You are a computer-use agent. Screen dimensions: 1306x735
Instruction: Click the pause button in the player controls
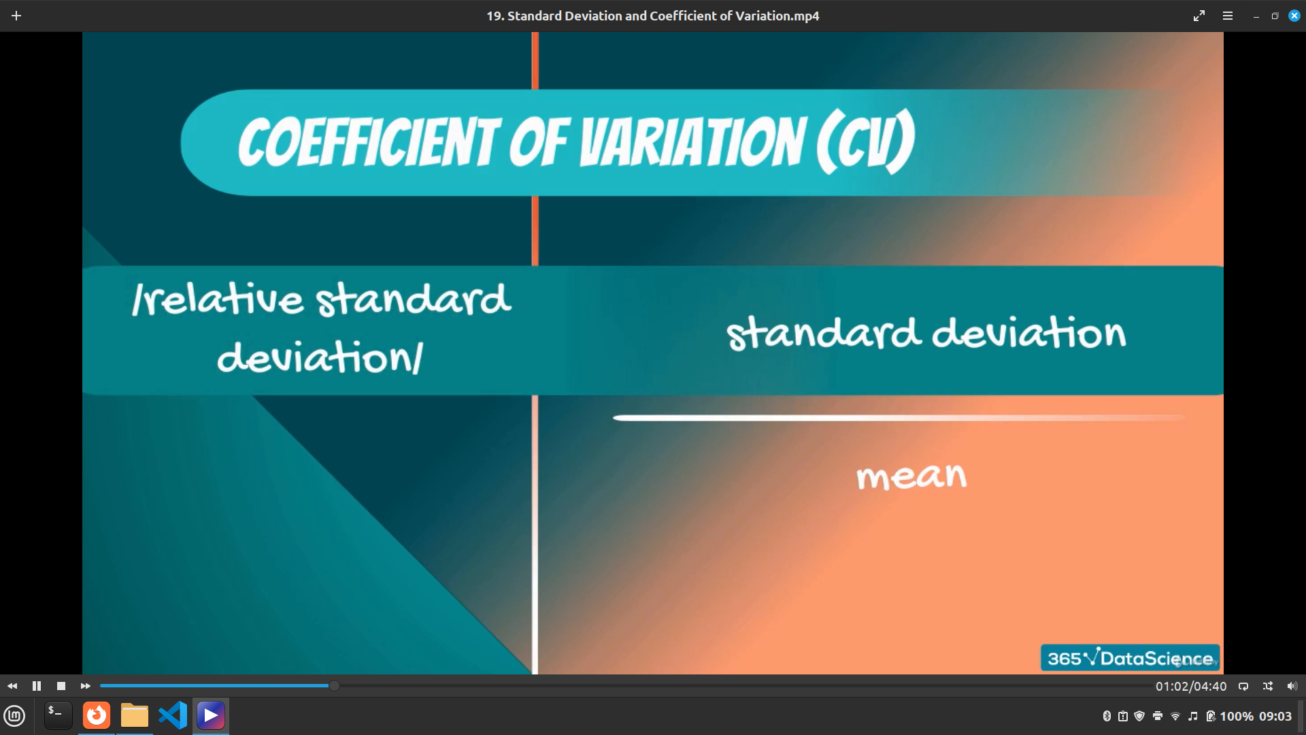tap(37, 686)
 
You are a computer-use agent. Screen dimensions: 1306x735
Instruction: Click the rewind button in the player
tap(12, 686)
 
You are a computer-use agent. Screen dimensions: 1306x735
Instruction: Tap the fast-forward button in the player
tap(85, 686)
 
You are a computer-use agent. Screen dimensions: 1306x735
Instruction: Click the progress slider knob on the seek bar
tap(334, 686)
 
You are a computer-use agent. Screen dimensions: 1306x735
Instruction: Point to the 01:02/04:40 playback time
tap(1191, 687)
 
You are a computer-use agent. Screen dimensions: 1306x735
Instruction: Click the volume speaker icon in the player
tap(1292, 686)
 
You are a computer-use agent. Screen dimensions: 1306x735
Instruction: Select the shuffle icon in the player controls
tap(1268, 686)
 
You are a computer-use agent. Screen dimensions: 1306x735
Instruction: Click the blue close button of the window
tap(1294, 16)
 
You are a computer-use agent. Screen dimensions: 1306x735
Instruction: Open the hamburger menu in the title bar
tap(1228, 16)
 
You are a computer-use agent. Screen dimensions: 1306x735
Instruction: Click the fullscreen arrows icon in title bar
tap(1199, 16)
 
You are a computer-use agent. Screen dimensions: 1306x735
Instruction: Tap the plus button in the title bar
tap(16, 16)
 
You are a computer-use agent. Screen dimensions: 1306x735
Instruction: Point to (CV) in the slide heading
tap(866, 142)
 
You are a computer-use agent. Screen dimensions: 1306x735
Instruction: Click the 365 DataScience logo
tap(1130, 657)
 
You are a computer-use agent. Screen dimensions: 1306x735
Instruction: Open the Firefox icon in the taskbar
tap(97, 715)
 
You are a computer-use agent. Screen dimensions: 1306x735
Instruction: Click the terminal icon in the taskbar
tap(58, 715)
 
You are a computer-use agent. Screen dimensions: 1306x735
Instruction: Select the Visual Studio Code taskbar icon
tap(173, 715)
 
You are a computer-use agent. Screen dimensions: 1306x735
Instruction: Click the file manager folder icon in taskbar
tap(135, 715)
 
